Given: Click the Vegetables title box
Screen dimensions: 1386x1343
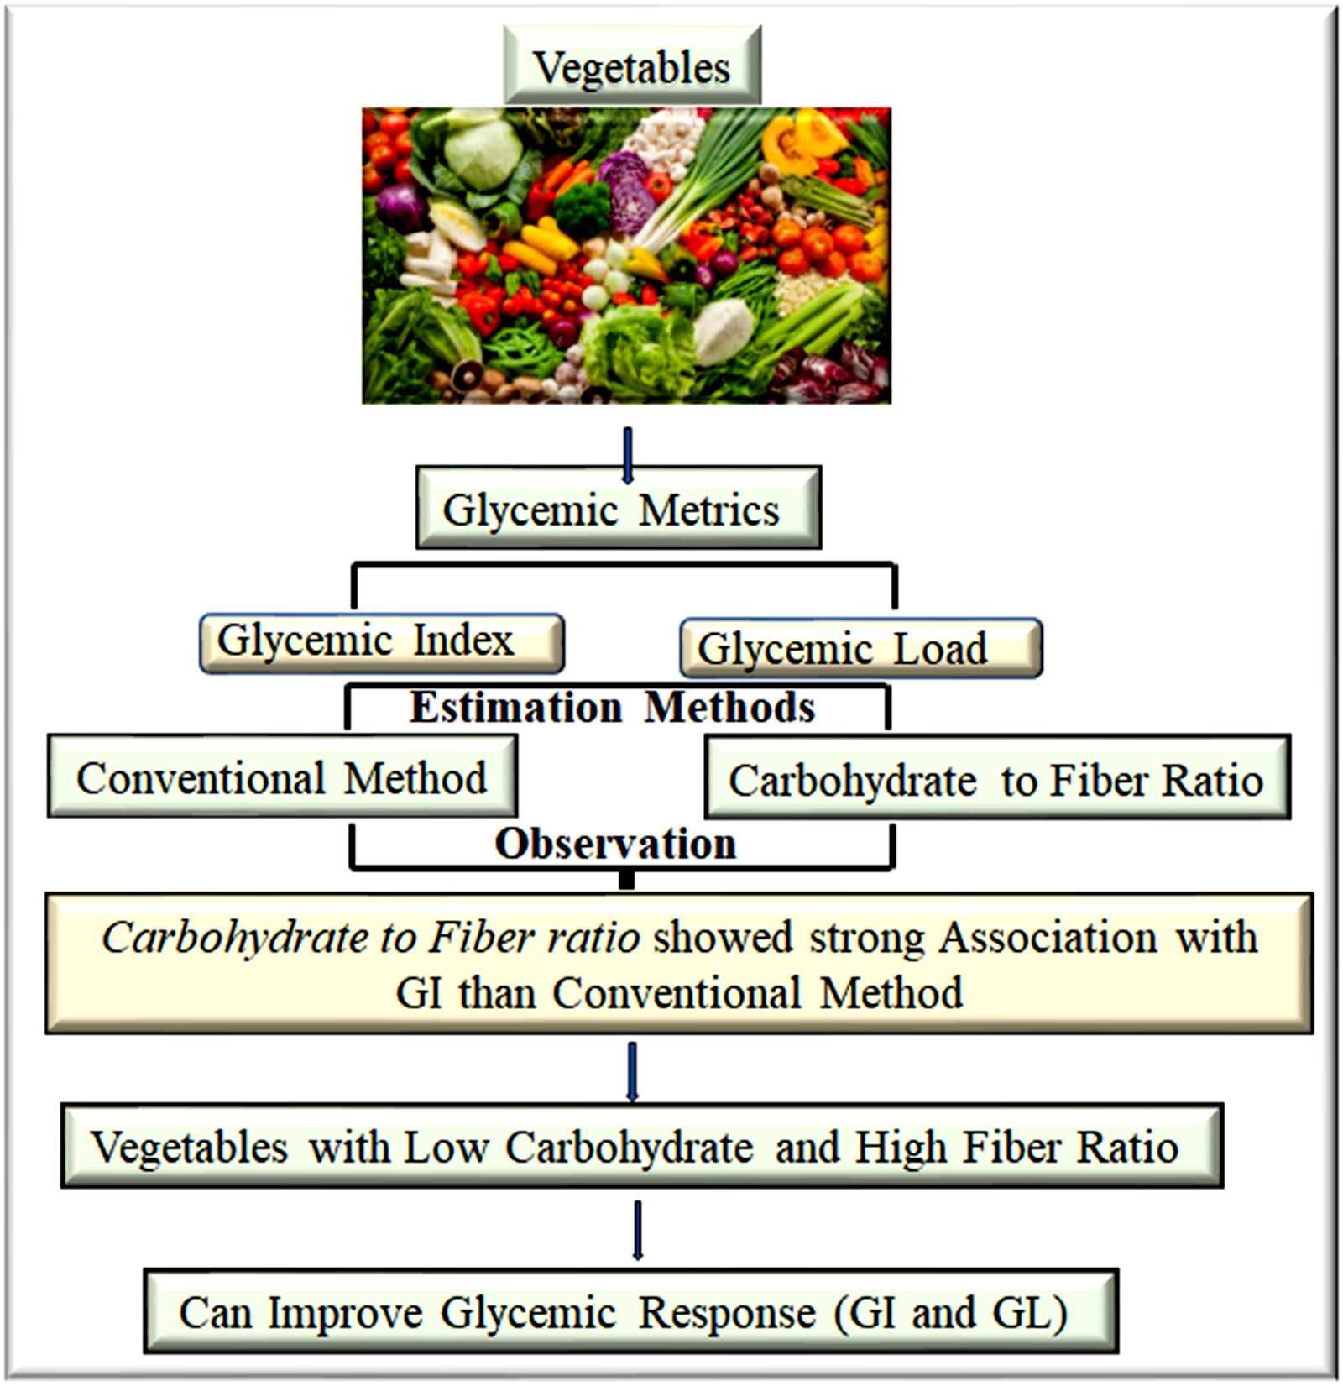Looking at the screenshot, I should click(x=631, y=65).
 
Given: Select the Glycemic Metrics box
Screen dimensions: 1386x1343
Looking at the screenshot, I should click(x=618, y=509).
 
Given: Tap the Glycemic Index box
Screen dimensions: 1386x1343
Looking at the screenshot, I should click(x=381, y=642).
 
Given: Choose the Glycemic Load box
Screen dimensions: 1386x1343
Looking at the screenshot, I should click(x=860, y=648).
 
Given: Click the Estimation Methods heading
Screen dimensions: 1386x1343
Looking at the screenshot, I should click(x=613, y=707).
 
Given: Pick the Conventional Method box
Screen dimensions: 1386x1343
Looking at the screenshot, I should click(x=282, y=777).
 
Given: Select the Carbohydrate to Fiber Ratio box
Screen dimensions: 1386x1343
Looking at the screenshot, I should click(x=996, y=779).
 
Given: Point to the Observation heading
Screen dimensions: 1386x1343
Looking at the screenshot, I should click(x=615, y=843).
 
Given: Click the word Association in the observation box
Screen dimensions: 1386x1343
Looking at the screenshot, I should click(x=1048, y=937).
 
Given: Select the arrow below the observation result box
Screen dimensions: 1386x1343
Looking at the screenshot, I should click(x=632, y=1070).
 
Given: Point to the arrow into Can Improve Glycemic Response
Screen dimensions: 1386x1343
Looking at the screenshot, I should click(x=638, y=1229).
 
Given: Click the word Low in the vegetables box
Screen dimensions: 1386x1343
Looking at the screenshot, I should click(x=445, y=1147).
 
